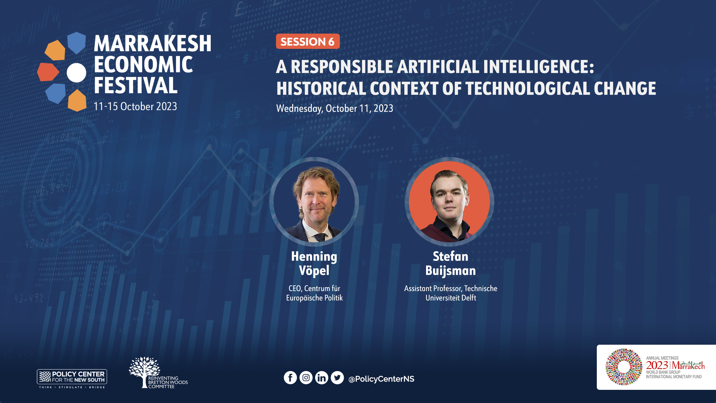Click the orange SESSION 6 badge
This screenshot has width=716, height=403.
pyautogui.click(x=308, y=41)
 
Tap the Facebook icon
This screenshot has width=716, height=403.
pyautogui.click(x=290, y=378)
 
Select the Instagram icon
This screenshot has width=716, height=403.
pyautogui.click(x=306, y=378)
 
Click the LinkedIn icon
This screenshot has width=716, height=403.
pyautogui.click(x=322, y=378)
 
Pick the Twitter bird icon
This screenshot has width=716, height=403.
pyautogui.click(x=337, y=378)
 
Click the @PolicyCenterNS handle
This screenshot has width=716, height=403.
pyautogui.click(x=381, y=379)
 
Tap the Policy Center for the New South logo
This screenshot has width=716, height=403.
pyautogui.click(x=72, y=379)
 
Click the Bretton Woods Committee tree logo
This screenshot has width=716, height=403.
pyautogui.click(x=158, y=372)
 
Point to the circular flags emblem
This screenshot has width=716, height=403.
pyautogui.click(x=624, y=367)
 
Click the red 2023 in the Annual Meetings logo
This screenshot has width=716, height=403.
pyautogui.click(x=657, y=365)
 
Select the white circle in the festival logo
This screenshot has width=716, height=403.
pyautogui.click(x=77, y=73)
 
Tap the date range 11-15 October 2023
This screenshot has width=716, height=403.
pyautogui.click(x=135, y=106)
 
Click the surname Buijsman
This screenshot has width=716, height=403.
pyautogui.click(x=450, y=271)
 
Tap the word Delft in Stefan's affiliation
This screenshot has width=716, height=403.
pyautogui.click(x=469, y=298)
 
